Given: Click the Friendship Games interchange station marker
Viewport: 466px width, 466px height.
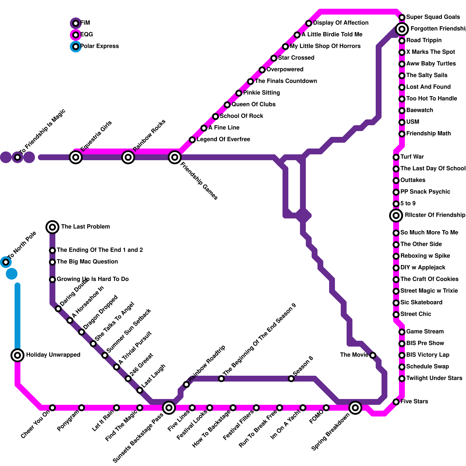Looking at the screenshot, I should click(x=175, y=157).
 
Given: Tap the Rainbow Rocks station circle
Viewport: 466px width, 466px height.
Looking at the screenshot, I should click(x=128, y=157).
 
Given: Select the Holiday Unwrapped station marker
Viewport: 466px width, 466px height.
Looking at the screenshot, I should click(x=17, y=355).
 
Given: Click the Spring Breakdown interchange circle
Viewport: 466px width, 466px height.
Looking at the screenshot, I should click(x=355, y=408).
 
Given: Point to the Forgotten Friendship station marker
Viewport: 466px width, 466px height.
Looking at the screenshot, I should click(x=402, y=29).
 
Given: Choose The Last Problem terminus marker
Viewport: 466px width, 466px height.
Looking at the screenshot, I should click(x=52, y=227).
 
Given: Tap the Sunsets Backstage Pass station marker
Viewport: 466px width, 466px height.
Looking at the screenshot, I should click(x=169, y=408).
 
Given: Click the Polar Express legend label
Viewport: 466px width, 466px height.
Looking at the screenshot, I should click(x=99, y=46).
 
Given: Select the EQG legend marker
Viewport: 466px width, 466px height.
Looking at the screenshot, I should click(x=76, y=35).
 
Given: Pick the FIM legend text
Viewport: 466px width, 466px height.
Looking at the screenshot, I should click(x=85, y=23).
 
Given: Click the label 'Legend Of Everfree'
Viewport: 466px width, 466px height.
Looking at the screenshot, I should click(x=223, y=140).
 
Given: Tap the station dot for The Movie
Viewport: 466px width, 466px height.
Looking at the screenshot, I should click(x=373, y=355).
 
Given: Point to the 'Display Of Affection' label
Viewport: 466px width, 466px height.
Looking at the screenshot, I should click(x=341, y=23).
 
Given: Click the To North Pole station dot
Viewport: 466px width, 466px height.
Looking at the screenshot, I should click(x=6, y=262).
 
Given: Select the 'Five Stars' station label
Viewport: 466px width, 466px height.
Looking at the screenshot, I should click(x=414, y=402).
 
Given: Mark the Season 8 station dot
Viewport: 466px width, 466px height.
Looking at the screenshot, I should click(x=291, y=379).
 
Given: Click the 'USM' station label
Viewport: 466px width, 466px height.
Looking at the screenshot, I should click(x=413, y=122).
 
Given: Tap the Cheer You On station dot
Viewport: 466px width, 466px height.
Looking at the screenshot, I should click(x=52, y=408).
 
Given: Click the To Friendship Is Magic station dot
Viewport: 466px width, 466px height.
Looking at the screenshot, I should click(x=17, y=157).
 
